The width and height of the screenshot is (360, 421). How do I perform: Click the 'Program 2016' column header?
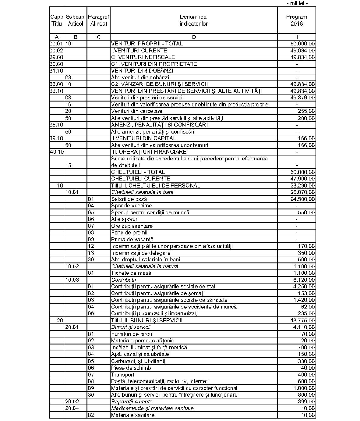tap(297, 20)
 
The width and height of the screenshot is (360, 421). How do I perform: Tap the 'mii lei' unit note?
tap(297, 3)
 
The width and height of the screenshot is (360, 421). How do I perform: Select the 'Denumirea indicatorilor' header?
tap(193, 20)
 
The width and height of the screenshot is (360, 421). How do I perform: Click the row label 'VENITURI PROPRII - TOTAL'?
tap(147, 44)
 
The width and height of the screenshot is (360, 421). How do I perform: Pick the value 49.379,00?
tap(303, 98)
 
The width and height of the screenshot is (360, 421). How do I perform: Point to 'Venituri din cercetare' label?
tap(137, 111)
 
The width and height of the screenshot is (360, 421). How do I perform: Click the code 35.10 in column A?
tap(56, 125)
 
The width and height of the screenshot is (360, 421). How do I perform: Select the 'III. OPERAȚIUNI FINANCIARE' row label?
tap(149, 152)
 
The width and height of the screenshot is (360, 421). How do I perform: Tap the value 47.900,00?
tap(303, 179)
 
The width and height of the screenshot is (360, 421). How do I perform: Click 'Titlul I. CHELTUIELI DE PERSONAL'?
tap(156, 185)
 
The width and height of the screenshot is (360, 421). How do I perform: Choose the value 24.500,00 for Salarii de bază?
tap(303, 199)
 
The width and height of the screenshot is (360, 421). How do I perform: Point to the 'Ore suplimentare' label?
tap(132, 226)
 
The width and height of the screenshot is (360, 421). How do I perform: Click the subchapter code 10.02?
tap(72, 266)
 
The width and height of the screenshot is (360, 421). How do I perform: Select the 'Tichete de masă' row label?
tap(131, 273)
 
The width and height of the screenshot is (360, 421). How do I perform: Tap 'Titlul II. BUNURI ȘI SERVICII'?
tap(147, 320)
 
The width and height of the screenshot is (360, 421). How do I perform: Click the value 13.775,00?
tap(303, 320)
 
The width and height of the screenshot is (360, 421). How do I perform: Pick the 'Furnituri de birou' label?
tap(132, 334)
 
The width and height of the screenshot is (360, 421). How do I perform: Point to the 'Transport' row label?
tap(123, 374)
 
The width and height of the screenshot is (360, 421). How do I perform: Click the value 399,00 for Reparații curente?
tap(306, 401)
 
